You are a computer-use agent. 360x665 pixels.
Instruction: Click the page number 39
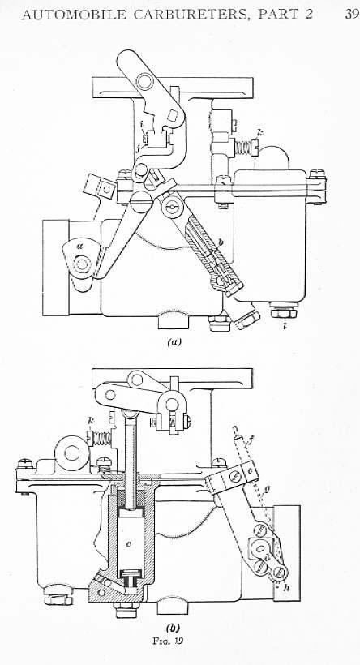[x=352, y=15]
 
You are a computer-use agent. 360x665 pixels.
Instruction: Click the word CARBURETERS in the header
[x=191, y=15]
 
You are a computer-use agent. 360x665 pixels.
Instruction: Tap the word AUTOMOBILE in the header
[x=74, y=15]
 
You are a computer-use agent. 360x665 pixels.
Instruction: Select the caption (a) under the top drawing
[x=174, y=342]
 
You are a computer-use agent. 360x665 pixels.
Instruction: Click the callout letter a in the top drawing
[x=80, y=247]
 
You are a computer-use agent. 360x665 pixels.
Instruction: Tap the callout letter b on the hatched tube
[x=221, y=242]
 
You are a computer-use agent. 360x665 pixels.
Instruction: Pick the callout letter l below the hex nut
[x=284, y=326]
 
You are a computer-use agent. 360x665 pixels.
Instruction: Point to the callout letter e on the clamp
[x=250, y=471]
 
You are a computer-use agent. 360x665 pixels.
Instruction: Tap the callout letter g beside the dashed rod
[x=267, y=489]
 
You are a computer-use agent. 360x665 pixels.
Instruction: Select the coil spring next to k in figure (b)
[x=102, y=438]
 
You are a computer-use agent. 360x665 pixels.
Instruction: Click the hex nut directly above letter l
[x=284, y=313]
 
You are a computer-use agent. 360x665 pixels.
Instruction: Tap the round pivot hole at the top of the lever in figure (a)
[x=145, y=81]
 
